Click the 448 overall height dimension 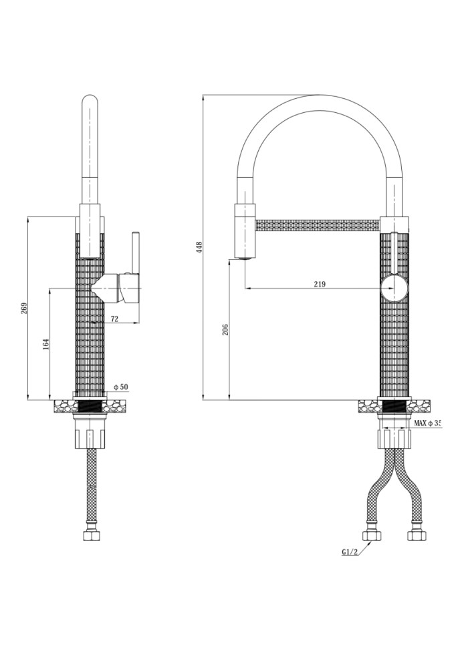(199, 247)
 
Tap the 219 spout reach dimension (319, 284)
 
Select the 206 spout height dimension (225, 329)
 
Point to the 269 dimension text (24, 308)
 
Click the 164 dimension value (45, 343)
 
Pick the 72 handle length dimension (114, 320)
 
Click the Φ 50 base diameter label (120, 387)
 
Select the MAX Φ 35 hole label (428, 424)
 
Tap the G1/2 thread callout (349, 552)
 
